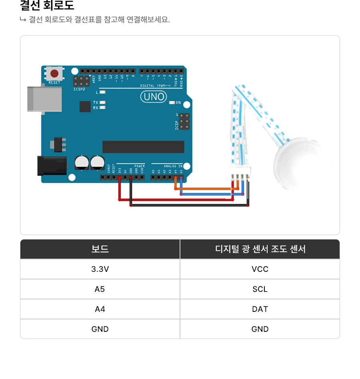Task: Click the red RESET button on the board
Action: [54, 74]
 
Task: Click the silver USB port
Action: [44, 99]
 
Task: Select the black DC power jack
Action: [51, 166]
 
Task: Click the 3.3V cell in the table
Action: [100, 269]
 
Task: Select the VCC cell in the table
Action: [260, 269]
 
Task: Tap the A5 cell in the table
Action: [100, 289]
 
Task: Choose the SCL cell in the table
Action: [260, 289]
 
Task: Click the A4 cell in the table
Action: [100, 309]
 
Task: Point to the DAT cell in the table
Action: [260, 309]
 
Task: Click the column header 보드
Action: [100, 249]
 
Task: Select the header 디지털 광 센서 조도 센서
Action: [260, 249]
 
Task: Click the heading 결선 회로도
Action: [47, 6]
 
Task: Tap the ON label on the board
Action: [178, 103]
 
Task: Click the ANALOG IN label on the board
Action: [173, 166]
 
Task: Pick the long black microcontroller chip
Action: [143, 147]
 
